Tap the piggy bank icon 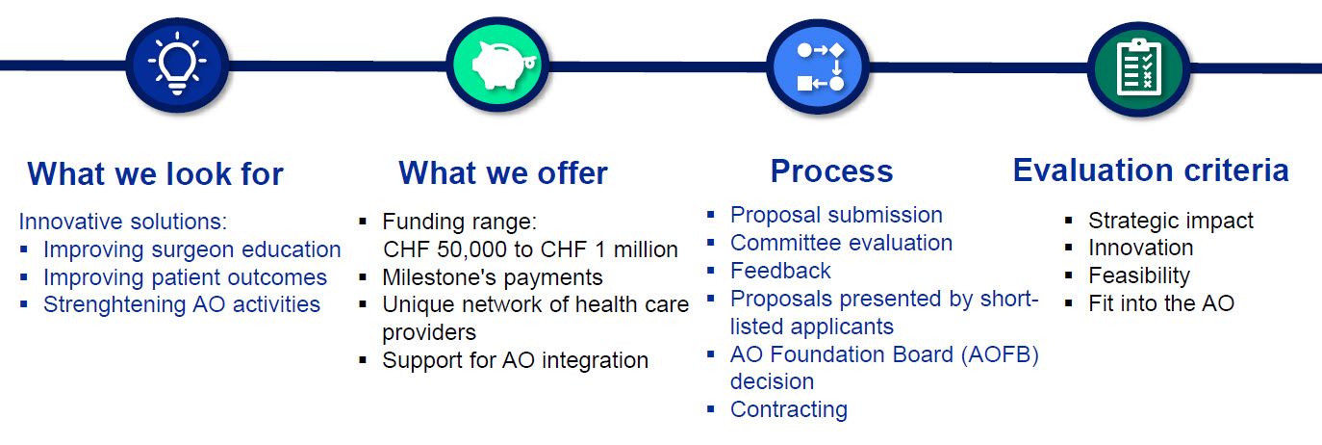pyautogui.click(x=497, y=65)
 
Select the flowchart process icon pyautogui.click(x=820, y=65)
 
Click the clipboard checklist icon pyautogui.click(x=1139, y=65)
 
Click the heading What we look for pyautogui.click(x=156, y=174)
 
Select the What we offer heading pyautogui.click(x=502, y=173)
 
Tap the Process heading pyautogui.click(x=831, y=171)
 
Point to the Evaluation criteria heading pyautogui.click(x=1151, y=170)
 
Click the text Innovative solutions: pyautogui.click(x=123, y=222)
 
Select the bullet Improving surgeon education pyautogui.click(x=191, y=249)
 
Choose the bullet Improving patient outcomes pyautogui.click(x=185, y=277)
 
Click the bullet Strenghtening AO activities pyautogui.click(x=181, y=304)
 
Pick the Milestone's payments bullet pyautogui.click(x=492, y=277)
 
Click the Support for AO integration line pyautogui.click(x=515, y=360)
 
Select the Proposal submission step pyautogui.click(x=836, y=215)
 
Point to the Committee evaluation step pyautogui.click(x=841, y=243)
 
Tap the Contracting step pyautogui.click(x=788, y=409)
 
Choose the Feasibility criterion pyautogui.click(x=1139, y=275)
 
